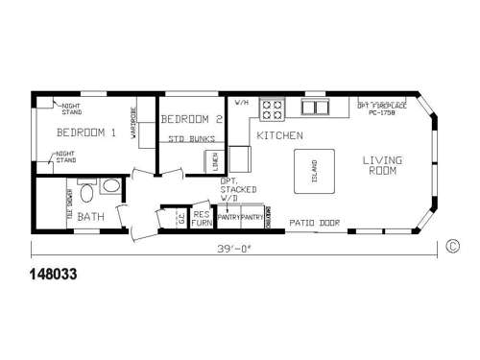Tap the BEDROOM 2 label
pos(192,120)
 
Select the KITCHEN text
pos(279,137)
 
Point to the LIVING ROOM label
pos(382,165)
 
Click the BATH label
pos(91,216)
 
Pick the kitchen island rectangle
pos(314,170)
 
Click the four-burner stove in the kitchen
pos(271,108)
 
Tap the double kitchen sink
pos(315,107)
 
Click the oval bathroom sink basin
pos(110,185)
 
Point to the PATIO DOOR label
pos(312,222)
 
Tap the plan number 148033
pos(47,274)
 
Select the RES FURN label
pos(202,218)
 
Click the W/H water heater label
pos(241,102)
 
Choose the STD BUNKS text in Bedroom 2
pos(190,140)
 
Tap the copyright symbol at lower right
pos(452,246)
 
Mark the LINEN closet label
pos(215,161)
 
